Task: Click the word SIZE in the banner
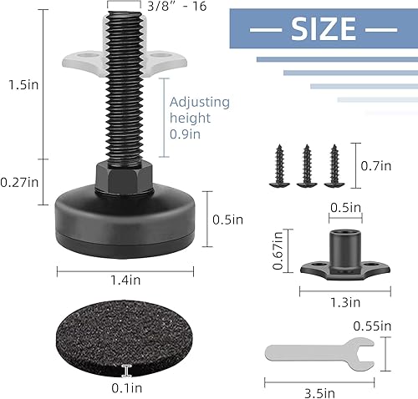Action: click(324, 30)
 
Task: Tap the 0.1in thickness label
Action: click(127, 387)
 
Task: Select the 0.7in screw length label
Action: click(375, 166)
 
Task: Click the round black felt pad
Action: click(125, 340)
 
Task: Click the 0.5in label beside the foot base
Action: click(227, 220)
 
